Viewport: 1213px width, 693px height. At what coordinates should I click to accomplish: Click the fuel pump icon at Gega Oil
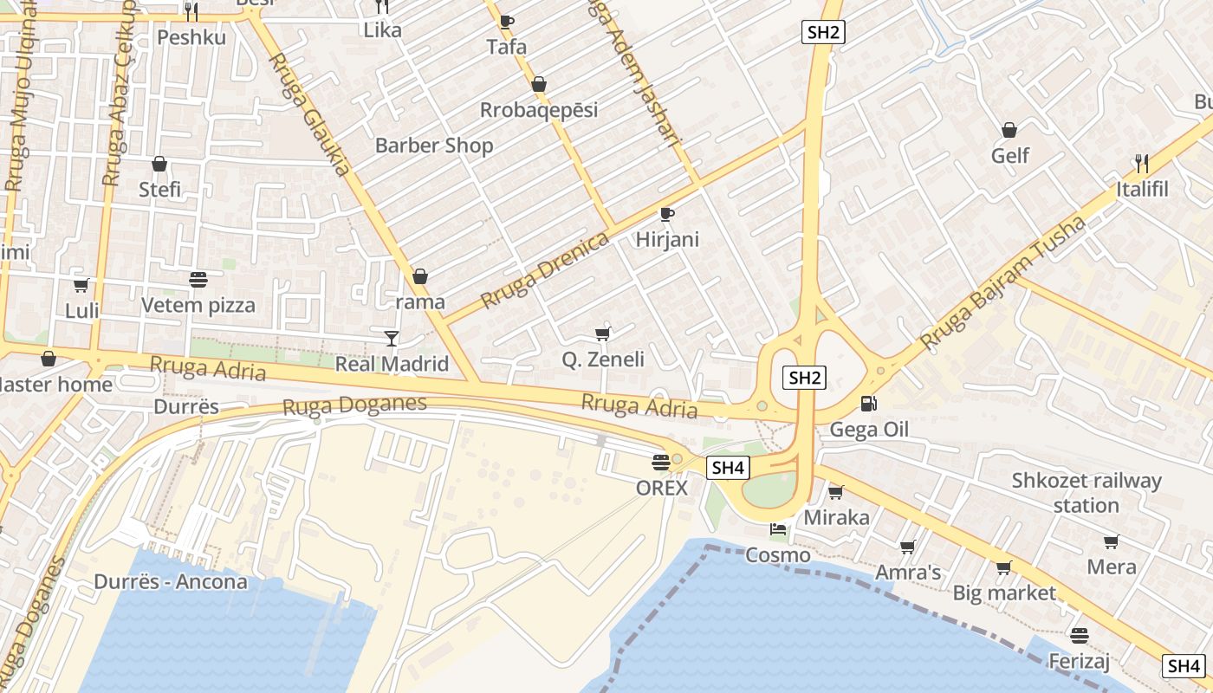pyautogui.click(x=868, y=404)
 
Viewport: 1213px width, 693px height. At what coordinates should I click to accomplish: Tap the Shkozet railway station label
pyautogui.click(x=1087, y=492)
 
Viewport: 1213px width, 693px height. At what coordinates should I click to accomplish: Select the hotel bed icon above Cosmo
pyautogui.click(x=778, y=529)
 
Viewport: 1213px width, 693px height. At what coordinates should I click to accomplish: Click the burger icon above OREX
pyautogui.click(x=661, y=463)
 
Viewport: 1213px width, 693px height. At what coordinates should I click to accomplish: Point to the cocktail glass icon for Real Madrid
pyautogui.click(x=392, y=338)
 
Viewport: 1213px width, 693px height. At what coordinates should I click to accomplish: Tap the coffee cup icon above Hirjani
pyautogui.click(x=666, y=213)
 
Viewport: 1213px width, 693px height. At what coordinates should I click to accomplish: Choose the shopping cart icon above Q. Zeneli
pyautogui.click(x=602, y=334)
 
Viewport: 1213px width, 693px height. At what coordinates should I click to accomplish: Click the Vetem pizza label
pyautogui.click(x=198, y=305)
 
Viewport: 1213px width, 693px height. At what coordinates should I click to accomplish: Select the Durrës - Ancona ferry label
pyautogui.click(x=183, y=581)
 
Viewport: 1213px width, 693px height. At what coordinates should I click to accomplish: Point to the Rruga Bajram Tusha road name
pyautogui.click(x=1003, y=282)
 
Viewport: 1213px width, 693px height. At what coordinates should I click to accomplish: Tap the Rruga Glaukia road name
pyautogui.click(x=308, y=113)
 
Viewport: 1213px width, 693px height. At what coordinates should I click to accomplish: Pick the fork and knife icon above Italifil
pyautogui.click(x=1141, y=163)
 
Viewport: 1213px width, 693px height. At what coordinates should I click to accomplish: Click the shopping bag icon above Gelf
pyautogui.click(x=1009, y=130)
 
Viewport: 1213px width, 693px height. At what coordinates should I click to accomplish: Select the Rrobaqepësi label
pyautogui.click(x=539, y=110)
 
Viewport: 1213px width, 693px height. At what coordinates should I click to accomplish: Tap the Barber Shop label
pyautogui.click(x=434, y=146)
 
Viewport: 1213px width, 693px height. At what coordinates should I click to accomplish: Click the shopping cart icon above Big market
pyautogui.click(x=1003, y=567)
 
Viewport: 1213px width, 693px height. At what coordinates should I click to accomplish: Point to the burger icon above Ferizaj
pyautogui.click(x=1079, y=636)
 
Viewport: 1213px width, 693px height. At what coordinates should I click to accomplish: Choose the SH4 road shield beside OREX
pyautogui.click(x=727, y=468)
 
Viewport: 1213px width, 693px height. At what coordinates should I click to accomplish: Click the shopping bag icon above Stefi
pyautogui.click(x=159, y=164)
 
